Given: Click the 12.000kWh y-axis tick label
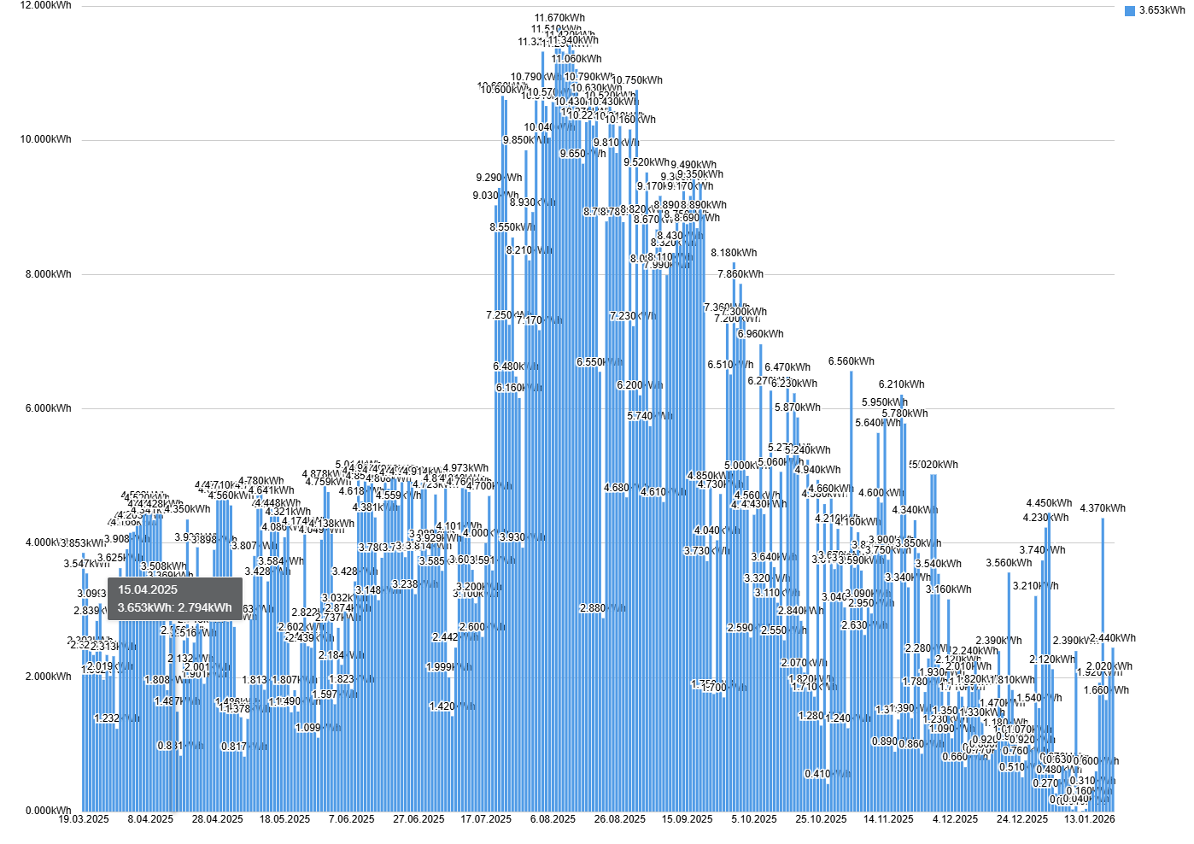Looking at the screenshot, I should (x=46, y=5).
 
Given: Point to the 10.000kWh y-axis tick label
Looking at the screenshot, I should (x=46, y=139).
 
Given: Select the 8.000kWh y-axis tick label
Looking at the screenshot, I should (x=49, y=274).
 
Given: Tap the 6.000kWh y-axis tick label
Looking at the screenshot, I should (x=49, y=408).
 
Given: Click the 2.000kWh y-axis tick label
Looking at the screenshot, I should (x=49, y=677).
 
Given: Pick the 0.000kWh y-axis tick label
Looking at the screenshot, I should (x=49, y=811).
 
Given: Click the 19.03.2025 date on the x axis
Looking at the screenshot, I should (x=84, y=819).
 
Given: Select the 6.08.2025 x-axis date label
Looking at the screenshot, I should (x=553, y=819).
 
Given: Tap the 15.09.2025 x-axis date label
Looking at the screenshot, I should (x=687, y=819).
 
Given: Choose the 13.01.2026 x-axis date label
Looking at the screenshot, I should (x=1089, y=819).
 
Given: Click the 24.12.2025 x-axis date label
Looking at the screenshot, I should (x=1022, y=819).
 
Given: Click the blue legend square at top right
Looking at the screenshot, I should (x=1130, y=10).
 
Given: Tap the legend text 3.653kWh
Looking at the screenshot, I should (x=1162, y=10).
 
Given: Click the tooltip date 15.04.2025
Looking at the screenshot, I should (x=148, y=589).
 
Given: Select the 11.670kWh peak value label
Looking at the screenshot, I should (x=559, y=18).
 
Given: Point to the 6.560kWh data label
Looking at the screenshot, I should (x=852, y=361).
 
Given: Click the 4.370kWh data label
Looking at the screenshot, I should (x=1103, y=508).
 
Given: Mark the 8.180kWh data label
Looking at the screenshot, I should (x=734, y=253).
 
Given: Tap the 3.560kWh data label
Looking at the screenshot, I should (x=1009, y=563).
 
